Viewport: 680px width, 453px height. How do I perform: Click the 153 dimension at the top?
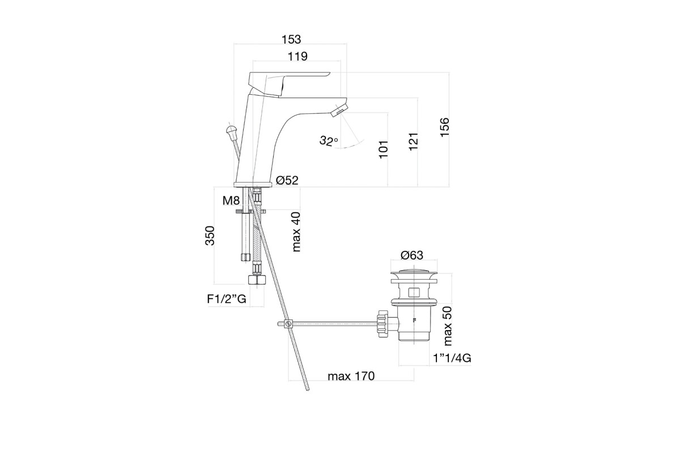coord(291,40)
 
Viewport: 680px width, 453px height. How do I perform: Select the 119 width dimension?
coord(297,57)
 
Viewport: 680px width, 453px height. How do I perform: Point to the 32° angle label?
coord(329,141)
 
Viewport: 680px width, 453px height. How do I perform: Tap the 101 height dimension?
coord(384,149)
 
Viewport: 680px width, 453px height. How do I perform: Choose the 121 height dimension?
coord(413,142)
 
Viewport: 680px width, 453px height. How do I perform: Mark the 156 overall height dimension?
coord(444,127)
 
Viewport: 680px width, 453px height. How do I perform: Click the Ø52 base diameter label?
coord(287,180)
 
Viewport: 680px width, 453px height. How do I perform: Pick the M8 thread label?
coord(231,200)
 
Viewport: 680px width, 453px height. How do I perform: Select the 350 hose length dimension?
coord(210,236)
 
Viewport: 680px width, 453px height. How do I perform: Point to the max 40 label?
coord(296,232)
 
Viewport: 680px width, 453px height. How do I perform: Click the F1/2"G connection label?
coord(227,299)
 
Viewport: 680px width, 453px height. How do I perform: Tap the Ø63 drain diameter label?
coord(411,255)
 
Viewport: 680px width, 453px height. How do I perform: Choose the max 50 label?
coord(448,326)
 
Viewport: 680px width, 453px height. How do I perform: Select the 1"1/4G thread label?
coord(452,358)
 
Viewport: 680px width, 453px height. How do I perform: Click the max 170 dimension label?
coord(351,376)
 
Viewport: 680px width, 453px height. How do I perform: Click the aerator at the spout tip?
coord(339,111)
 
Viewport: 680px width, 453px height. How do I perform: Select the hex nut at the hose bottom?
coord(257,280)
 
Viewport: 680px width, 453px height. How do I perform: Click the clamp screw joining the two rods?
coord(288,324)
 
